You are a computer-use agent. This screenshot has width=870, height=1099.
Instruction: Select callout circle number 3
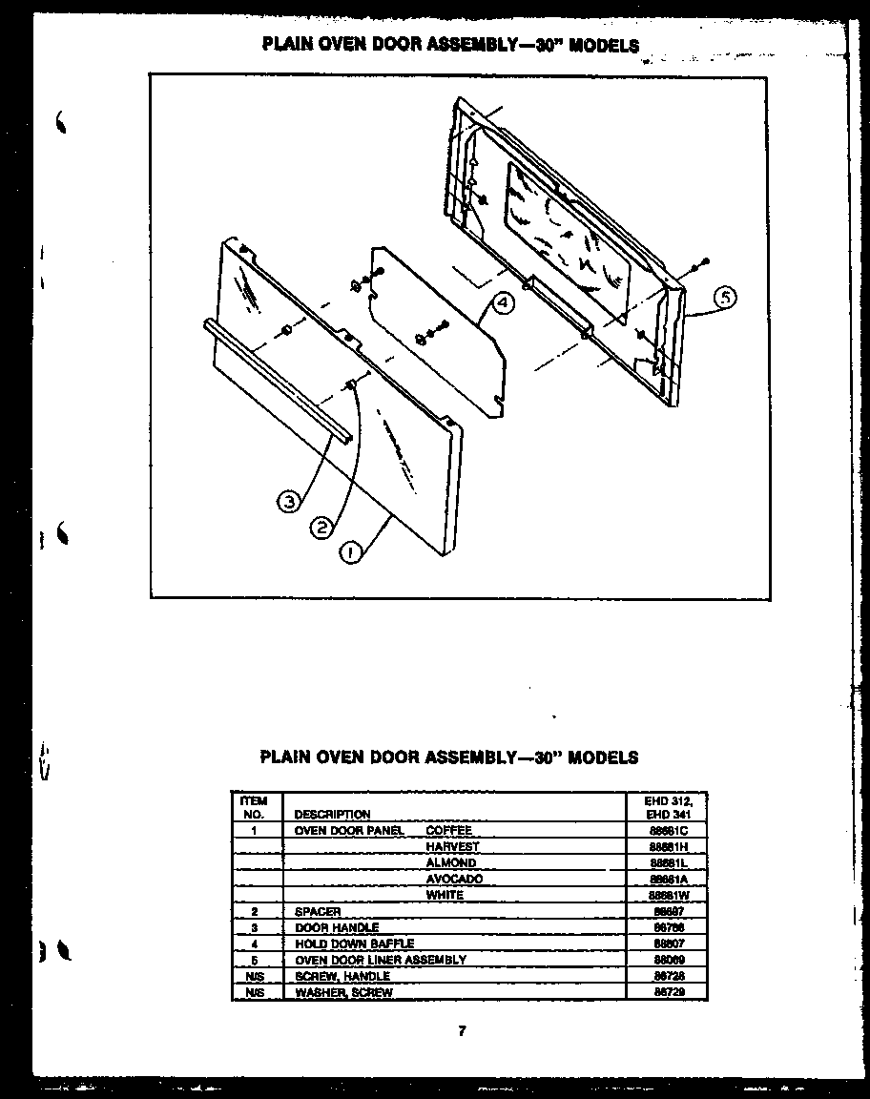click(289, 501)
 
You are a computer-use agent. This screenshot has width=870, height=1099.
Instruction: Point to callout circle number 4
click(503, 303)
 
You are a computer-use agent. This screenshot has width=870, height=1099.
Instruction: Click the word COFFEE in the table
click(448, 831)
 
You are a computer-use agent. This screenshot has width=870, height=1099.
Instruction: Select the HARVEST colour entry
click(452, 847)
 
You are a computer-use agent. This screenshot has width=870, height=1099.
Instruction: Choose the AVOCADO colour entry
click(454, 880)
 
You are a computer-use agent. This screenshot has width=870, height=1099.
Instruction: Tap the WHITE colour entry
click(445, 896)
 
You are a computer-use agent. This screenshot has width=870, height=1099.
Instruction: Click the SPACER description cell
click(318, 912)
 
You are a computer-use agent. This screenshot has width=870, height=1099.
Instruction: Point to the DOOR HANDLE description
click(337, 928)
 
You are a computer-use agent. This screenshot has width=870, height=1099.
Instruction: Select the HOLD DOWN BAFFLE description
click(354, 944)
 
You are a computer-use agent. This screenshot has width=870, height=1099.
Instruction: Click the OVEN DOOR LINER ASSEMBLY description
click(381, 961)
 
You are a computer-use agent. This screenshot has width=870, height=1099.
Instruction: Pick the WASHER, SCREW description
click(343, 993)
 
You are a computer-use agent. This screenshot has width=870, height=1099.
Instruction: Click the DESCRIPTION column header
click(332, 815)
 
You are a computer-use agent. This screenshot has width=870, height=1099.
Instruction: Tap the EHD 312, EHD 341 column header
click(668, 808)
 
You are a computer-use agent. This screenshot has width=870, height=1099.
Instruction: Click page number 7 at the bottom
click(462, 1030)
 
